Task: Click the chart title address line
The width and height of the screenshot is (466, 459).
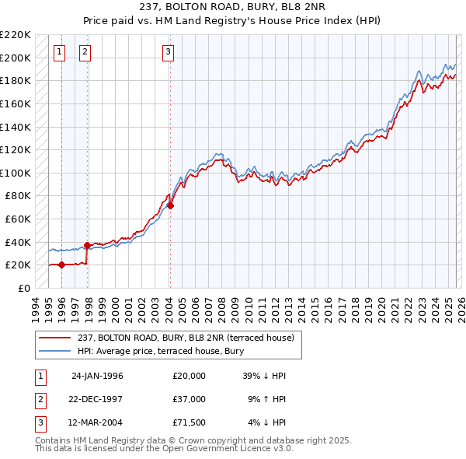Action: pos(232,6)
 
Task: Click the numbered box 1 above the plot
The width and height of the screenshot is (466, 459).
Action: pos(60,52)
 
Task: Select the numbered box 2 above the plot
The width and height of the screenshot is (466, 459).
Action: pos(85,52)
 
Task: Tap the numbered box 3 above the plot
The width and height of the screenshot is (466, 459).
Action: pos(168,52)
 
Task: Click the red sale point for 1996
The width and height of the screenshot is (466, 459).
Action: pos(61,265)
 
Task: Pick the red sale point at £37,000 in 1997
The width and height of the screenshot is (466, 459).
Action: pos(87,245)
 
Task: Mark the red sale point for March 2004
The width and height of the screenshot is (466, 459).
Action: pos(170,205)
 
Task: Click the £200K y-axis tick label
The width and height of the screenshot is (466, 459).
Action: pos(16,58)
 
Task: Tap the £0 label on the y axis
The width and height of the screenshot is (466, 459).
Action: pos(23,288)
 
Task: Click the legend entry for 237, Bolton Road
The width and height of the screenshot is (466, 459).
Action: pos(185,338)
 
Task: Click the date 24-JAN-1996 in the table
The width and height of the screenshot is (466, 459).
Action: pos(97,376)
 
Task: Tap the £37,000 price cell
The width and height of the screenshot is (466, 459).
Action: pos(189,399)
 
